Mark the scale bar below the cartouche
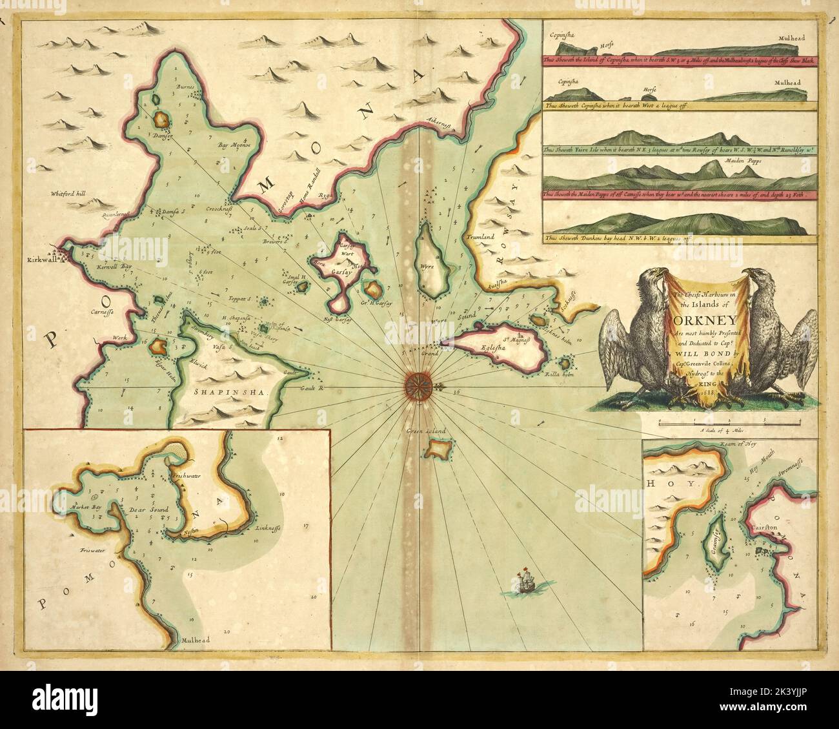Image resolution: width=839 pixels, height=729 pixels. [x=729, y=422]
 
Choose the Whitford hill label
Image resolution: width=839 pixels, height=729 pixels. [x=72, y=193]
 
